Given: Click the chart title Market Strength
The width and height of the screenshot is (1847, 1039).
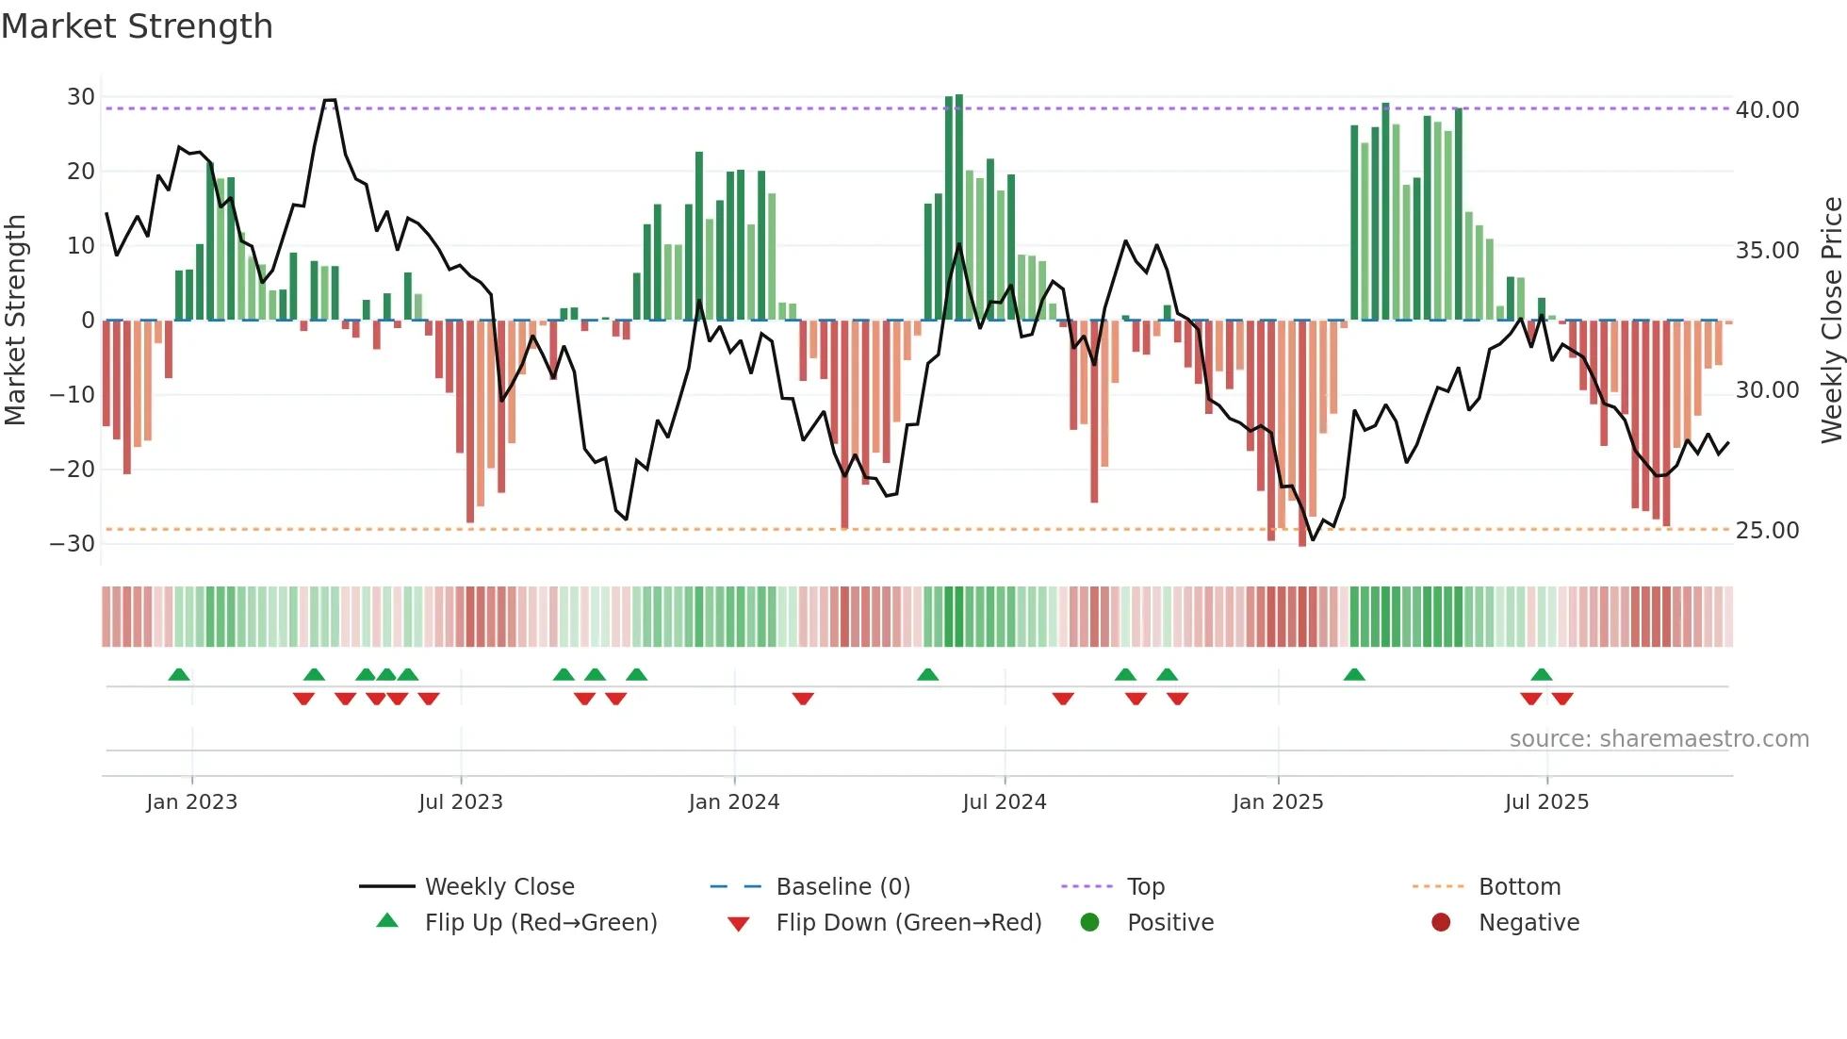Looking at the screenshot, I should (x=137, y=26).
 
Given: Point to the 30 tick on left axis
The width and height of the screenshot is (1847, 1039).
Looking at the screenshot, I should (x=81, y=97).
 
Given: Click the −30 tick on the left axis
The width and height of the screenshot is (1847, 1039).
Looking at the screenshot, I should (x=74, y=544).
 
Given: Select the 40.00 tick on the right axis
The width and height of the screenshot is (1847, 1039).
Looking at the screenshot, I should (x=1767, y=110).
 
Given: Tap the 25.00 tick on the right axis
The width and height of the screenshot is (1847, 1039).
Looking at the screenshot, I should (x=1767, y=531).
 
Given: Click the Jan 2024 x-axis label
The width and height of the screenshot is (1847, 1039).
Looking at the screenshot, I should (x=733, y=802).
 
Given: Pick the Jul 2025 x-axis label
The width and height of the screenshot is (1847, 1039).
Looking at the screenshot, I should (x=1545, y=802).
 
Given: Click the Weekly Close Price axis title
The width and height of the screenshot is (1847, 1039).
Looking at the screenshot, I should (x=1831, y=321).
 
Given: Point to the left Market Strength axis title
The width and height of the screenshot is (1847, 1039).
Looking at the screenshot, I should (x=15, y=321).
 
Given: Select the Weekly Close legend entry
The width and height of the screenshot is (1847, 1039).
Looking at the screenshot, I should (x=499, y=887).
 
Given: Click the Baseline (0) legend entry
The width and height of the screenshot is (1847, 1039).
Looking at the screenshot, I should (x=842, y=887).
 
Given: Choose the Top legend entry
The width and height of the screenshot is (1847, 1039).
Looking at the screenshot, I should (x=1145, y=887).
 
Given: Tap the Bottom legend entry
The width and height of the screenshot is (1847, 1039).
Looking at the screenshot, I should (x=1519, y=887).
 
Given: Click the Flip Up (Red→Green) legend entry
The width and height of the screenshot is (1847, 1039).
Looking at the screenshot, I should (x=540, y=923).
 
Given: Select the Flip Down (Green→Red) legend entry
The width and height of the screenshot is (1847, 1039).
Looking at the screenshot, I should (x=907, y=923).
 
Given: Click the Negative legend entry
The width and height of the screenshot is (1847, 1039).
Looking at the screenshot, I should (x=1528, y=923).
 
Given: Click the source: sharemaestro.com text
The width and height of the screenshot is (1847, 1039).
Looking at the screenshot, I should (x=1659, y=739).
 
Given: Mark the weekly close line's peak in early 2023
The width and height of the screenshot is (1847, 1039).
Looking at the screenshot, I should (x=329, y=100).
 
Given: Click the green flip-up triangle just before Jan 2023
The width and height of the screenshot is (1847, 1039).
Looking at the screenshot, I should (x=179, y=674).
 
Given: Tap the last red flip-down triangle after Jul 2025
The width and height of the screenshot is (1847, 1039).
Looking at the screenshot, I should (x=1562, y=699).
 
